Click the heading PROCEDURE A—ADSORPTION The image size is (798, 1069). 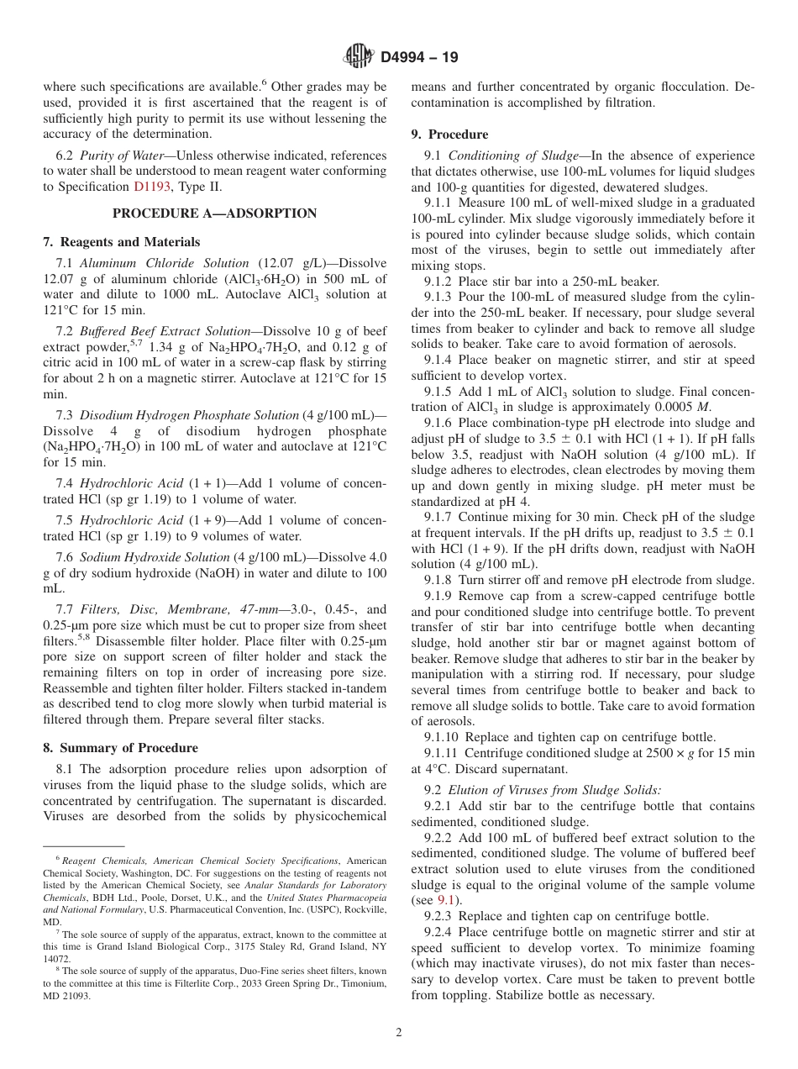coord(214,213)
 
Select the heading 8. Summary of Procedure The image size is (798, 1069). coord(120,748)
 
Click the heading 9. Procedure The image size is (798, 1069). coord(449,134)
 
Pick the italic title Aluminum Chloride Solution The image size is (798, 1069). coord(164,263)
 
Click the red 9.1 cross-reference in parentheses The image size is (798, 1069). coord(445,900)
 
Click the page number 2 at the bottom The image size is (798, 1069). coord(399,1033)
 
